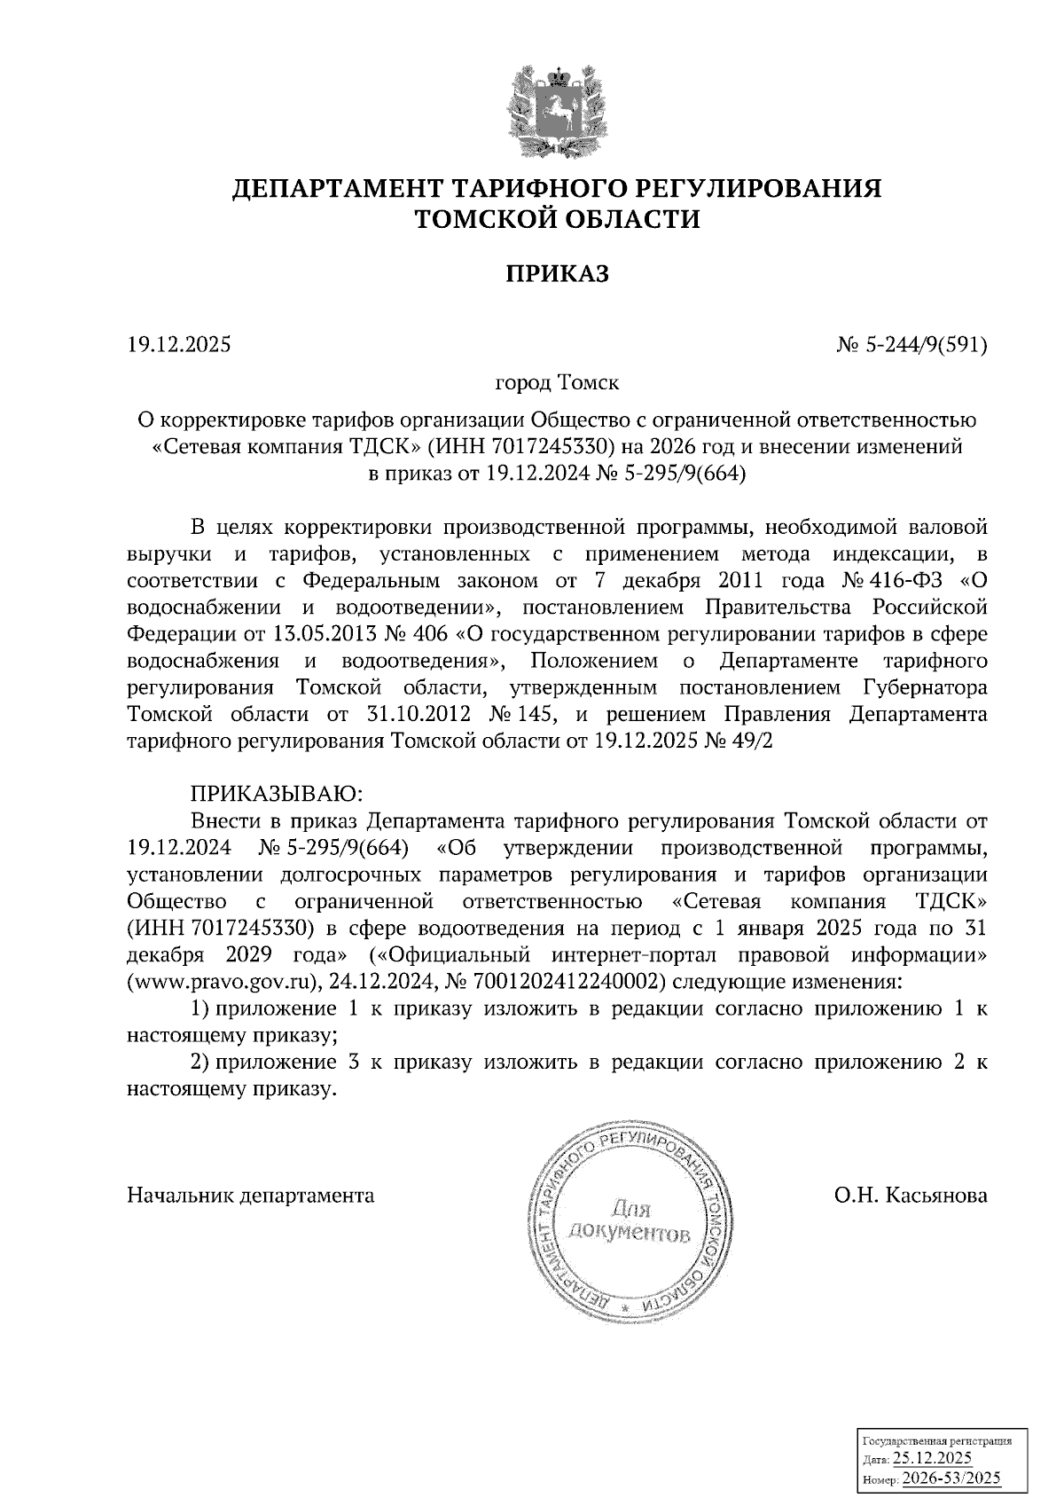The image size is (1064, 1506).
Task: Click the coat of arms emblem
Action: pyautogui.click(x=558, y=111)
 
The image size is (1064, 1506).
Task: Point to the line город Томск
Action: pyautogui.click(x=557, y=384)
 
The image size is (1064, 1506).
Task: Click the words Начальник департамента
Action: pyautogui.click(x=251, y=1196)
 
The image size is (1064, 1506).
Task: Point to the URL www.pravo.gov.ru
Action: pyautogui.click(x=223, y=982)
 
